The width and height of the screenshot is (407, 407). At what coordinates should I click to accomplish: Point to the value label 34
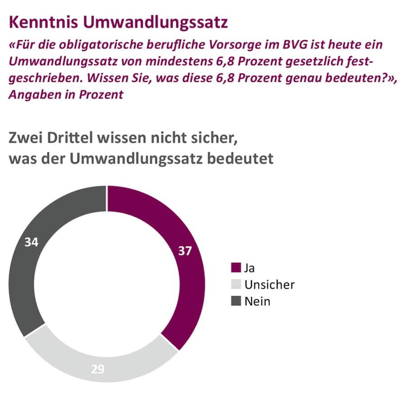(31, 242)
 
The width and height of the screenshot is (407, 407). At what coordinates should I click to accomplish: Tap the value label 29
(97, 369)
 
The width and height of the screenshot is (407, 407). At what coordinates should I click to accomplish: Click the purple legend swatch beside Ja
(236, 268)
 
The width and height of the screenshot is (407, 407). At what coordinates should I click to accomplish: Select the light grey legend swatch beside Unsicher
(236, 284)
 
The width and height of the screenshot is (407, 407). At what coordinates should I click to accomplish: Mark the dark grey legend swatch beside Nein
(236, 301)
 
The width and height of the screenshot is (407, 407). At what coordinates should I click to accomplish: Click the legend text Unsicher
(269, 284)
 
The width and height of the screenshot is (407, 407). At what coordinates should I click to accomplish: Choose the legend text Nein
(257, 301)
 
